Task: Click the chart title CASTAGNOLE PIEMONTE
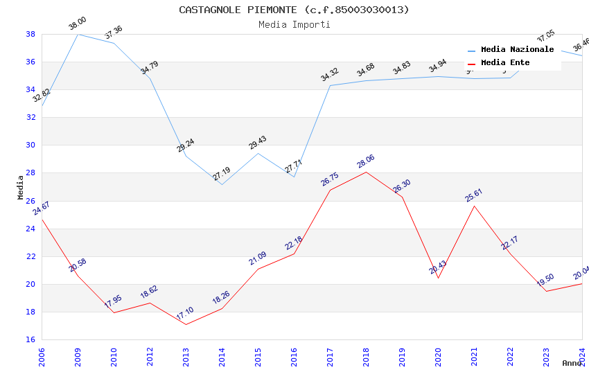pyautogui.click(x=294, y=10)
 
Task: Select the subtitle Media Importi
pyautogui.click(x=294, y=24)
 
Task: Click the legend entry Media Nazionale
pyautogui.click(x=517, y=50)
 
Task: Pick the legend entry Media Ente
pyautogui.click(x=505, y=62)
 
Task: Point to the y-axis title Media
pyautogui.click(x=20, y=186)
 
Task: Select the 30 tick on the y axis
pyautogui.click(x=30, y=145)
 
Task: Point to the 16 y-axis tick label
pyautogui.click(x=30, y=339)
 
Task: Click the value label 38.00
pyautogui.click(x=77, y=26)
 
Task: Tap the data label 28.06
pyautogui.click(x=366, y=163)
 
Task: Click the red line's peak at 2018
pyautogui.click(x=366, y=172)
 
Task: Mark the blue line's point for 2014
pyautogui.click(x=222, y=184)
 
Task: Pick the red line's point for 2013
pyautogui.click(x=186, y=324)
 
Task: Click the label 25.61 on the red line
pyautogui.click(x=474, y=196)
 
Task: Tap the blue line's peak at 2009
pyautogui.click(x=78, y=34)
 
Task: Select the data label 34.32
pyautogui.click(x=330, y=75)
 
